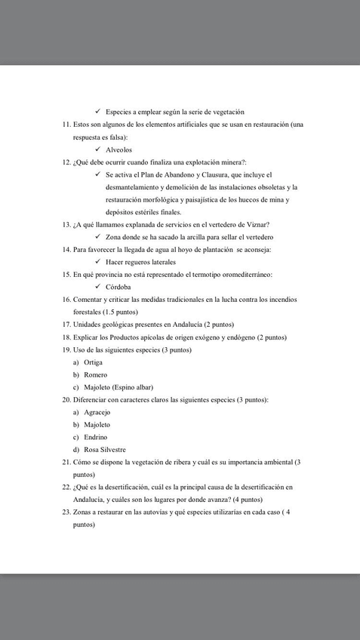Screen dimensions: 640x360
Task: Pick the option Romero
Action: click(x=95, y=374)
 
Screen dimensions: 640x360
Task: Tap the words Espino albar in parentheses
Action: click(x=134, y=386)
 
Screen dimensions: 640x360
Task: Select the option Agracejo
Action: click(x=97, y=411)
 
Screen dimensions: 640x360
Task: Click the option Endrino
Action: click(x=95, y=436)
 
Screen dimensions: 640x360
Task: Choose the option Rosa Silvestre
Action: click(x=105, y=449)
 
